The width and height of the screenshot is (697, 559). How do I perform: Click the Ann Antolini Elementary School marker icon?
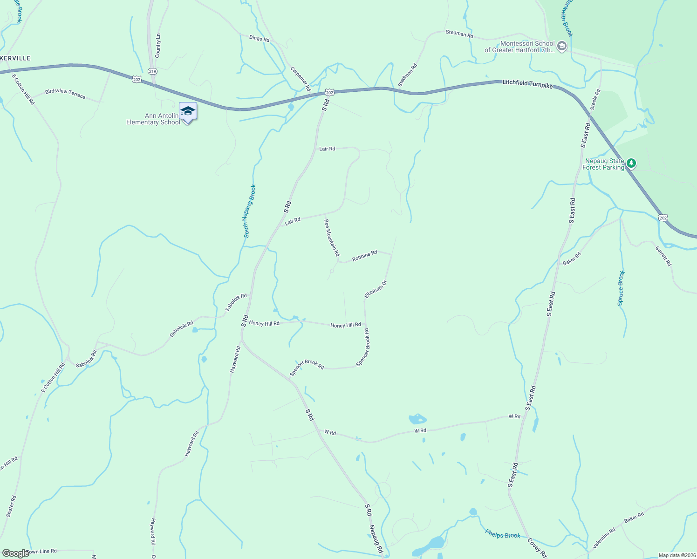(x=188, y=112)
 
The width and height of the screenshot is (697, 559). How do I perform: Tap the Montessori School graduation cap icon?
(x=562, y=46)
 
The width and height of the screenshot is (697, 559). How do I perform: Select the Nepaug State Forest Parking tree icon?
(x=631, y=164)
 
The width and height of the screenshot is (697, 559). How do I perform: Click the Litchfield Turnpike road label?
(x=527, y=84)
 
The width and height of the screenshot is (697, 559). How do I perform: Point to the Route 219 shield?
(x=152, y=71)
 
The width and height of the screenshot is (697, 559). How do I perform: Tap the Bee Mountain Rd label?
(x=332, y=238)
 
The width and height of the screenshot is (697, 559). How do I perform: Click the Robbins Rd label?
(x=364, y=256)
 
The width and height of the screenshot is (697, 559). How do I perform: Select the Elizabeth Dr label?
(x=376, y=289)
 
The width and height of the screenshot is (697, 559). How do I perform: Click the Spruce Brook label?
(x=621, y=288)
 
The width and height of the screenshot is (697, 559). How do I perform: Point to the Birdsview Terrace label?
(x=65, y=94)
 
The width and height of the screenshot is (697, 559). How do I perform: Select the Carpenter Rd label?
(x=301, y=79)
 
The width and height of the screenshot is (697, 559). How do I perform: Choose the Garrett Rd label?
(x=663, y=256)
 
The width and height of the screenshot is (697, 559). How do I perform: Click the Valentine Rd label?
(x=604, y=538)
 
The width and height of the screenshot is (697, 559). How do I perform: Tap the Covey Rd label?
(x=537, y=548)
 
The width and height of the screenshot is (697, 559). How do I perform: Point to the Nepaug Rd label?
(x=376, y=539)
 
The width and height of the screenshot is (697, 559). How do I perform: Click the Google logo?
(x=15, y=553)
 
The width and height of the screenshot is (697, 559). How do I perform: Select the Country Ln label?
(x=158, y=46)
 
